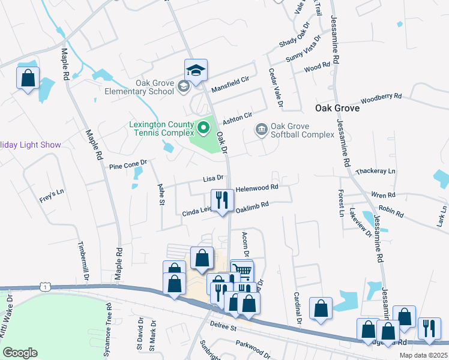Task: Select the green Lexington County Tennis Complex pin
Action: (x=203, y=127)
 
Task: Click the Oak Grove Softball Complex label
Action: (x=302, y=130)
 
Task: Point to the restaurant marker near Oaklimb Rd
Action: (x=222, y=200)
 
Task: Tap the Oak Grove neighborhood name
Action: (x=337, y=109)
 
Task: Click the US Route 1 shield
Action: (x=44, y=287)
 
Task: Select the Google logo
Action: (x=20, y=353)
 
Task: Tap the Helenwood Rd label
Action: (x=256, y=188)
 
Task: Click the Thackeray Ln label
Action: (x=376, y=172)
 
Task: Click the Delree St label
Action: (x=225, y=327)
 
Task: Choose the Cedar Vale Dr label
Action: (x=277, y=89)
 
